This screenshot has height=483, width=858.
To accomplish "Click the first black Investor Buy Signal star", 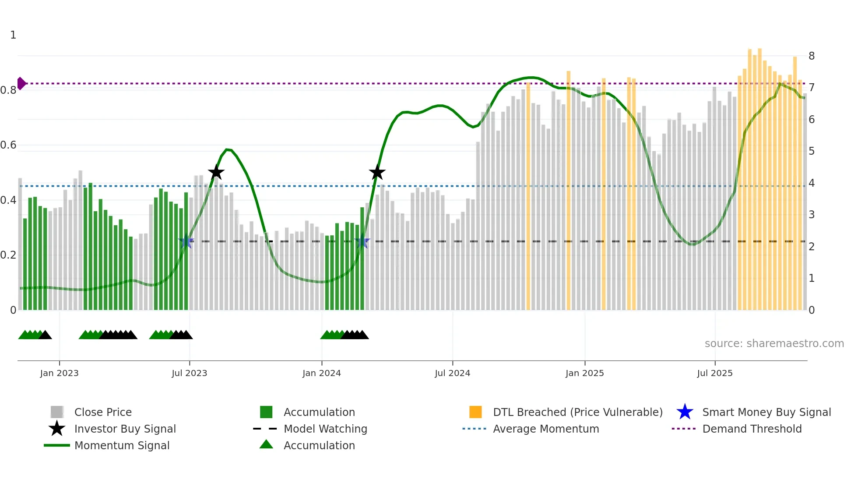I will tap(216, 172).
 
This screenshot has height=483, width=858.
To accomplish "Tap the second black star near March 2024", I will tap(377, 172).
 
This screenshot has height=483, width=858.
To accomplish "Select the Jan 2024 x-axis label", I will tap(321, 373).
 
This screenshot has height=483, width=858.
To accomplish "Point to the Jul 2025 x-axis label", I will tap(714, 373).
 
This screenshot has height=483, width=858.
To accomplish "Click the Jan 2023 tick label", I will tap(59, 373).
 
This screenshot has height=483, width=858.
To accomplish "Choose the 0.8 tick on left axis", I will tap(8, 90).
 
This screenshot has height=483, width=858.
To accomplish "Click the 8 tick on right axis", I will tap(812, 56).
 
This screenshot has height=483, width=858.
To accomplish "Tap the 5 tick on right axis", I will tap(812, 151).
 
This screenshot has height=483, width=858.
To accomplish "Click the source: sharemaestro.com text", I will tap(774, 344).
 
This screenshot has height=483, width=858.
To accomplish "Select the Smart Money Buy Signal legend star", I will tap(685, 412).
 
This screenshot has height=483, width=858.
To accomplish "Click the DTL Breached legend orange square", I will tap(475, 412).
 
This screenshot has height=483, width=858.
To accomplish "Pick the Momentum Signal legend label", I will tap(122, 445).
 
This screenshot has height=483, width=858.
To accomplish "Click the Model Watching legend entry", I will tap(325, 429).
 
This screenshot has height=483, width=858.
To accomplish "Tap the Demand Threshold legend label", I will tap(752, 429).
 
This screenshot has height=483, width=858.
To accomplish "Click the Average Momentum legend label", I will tap(546, 429).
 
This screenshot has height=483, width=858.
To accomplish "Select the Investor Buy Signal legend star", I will tap(57, 429).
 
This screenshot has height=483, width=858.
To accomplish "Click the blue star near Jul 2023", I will tap(186, 241).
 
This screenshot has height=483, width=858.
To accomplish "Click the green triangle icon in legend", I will tap(266, 444).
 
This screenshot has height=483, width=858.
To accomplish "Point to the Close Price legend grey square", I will tap(57, 412).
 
